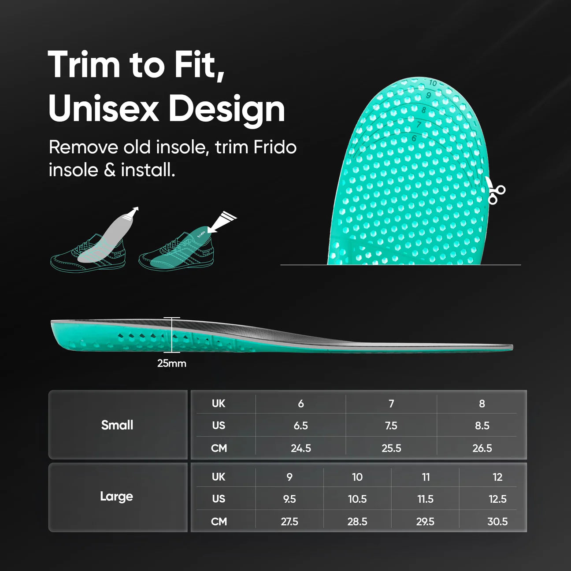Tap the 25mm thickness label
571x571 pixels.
pyautogui.click(x=171, y=363)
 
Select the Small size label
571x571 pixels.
pyautogui.click(x=117, y=425)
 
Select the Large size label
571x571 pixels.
pyautogui.click(x=116, y=497)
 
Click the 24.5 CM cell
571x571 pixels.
pyautogui.click(x=301, y=448)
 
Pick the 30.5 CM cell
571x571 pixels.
pyautogui.click(x=497, y=522)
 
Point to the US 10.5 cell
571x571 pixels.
pyautogui.click(x=357, y=499)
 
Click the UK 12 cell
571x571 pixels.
pyautogui.click(x=497, y=477)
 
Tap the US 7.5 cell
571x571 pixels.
pyautogui.click(x=391, y=426)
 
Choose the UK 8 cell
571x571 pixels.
pyautogui.click(x=482, y=404)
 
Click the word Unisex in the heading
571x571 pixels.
pyautogui.click(x=104, y=109)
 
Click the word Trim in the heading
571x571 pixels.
pyautogui.click(x=84, y=65)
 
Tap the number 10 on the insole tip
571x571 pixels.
pyautogui.click(x=433, y=83)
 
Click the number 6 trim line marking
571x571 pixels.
pyautogui.click(x=414, y=138)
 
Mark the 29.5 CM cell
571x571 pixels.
pyautogui.click(x=425, y=522)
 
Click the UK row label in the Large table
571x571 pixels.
pyautogui.click(x=219, y=477)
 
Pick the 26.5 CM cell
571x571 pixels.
pyautogui.click(x=482, y=448)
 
